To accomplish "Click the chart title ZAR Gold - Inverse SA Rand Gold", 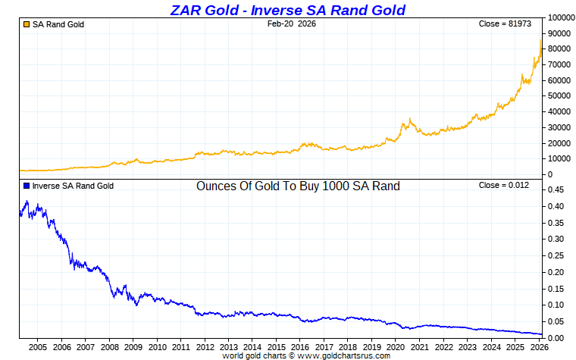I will (x=287, y=10).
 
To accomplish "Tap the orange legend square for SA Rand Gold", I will (x=27, y=25).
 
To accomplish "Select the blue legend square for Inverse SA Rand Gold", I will (x=27, y=186).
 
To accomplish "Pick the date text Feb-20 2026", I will (x=292, y=24).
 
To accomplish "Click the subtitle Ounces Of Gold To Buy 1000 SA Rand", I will (x=298, y=186).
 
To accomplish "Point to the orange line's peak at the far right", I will (x=540, y=41).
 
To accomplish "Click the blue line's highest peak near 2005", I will (x=27, y=202).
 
